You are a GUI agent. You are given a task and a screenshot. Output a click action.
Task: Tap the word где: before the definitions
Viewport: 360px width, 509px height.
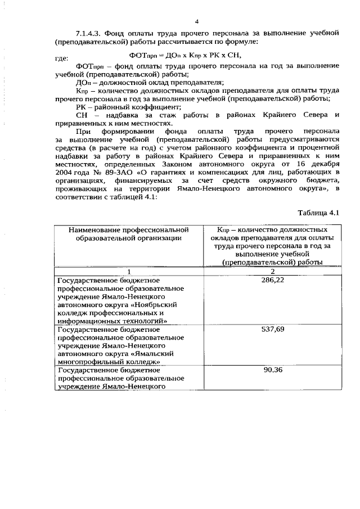[61, 58]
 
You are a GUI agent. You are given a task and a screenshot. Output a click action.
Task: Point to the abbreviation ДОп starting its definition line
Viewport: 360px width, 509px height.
[82, 82]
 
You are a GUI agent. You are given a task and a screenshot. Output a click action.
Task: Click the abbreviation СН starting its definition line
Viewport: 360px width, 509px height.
[82, 115]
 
